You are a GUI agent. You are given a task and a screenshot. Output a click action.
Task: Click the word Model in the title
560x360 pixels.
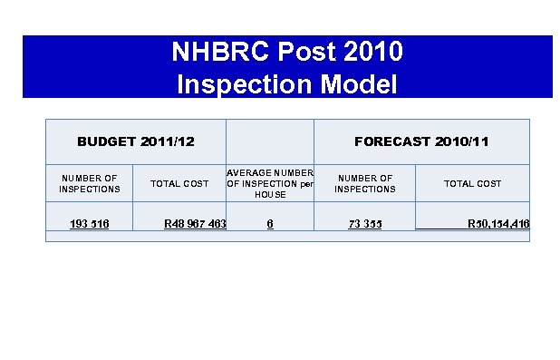tap(357, 84)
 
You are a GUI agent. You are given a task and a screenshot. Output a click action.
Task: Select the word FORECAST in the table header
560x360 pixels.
tap(392, 141)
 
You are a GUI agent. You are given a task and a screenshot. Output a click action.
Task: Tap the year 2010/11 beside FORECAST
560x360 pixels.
tap(462, 141)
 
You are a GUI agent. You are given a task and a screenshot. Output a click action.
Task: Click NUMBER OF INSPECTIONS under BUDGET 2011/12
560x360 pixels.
tap(89, 183)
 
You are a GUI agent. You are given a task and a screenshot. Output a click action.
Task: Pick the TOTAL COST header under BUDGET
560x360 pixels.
tap(179, 183)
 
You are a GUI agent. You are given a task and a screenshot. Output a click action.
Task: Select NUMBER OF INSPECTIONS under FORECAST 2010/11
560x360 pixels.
tap(364, 183)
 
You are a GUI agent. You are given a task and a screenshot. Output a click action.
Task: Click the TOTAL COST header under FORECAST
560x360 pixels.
tap(472, 183)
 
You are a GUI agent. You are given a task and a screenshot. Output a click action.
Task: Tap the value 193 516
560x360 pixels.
tap(89, 223)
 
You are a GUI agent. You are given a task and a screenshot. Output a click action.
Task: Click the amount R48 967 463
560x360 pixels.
tap(194, 223)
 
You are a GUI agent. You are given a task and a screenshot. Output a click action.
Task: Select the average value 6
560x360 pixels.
tap(270, 223)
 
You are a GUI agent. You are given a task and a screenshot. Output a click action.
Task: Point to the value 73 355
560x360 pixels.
tap(365, 223)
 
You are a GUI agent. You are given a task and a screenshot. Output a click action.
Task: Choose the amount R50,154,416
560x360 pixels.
tap(498, 223)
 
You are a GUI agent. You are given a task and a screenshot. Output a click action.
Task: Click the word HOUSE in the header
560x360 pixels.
tap(269, 195)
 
